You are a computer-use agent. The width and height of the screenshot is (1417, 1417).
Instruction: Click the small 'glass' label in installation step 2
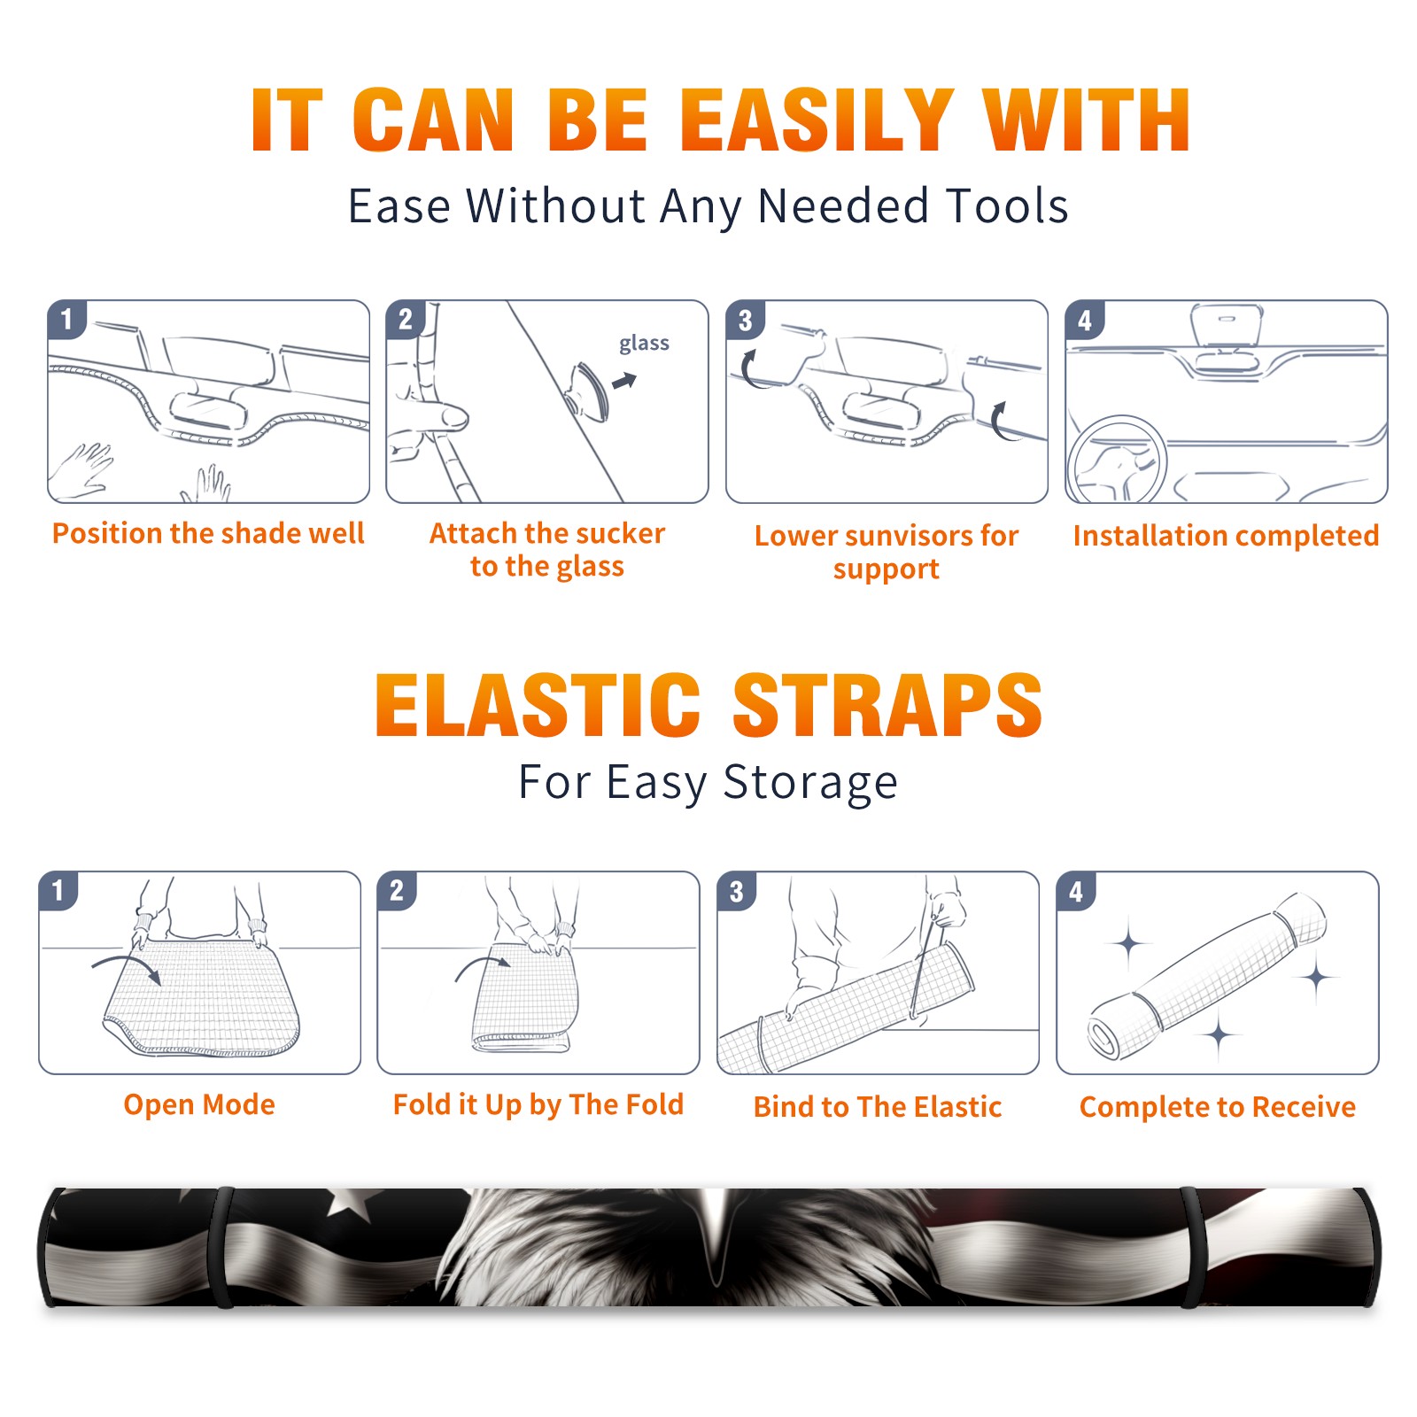tap(644, 343)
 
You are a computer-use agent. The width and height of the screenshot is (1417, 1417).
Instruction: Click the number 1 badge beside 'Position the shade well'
tap(67, 319)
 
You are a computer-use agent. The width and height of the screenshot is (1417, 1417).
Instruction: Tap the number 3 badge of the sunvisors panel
tap(746, 320)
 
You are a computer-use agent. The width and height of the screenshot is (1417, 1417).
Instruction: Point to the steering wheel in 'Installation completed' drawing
tap(1116, 461)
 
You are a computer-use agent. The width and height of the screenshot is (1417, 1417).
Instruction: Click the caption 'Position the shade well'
tap(208, 533)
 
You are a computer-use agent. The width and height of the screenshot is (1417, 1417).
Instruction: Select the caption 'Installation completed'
tap(1226, 536)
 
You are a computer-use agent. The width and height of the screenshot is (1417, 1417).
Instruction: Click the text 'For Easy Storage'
tap(708, 782)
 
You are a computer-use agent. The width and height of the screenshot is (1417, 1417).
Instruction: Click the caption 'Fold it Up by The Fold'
tap(538, 1104)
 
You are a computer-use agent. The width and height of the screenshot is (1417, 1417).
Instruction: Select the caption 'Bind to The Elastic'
tap(878, 1107)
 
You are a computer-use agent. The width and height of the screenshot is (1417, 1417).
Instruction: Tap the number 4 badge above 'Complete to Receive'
tap(1076, 891)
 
